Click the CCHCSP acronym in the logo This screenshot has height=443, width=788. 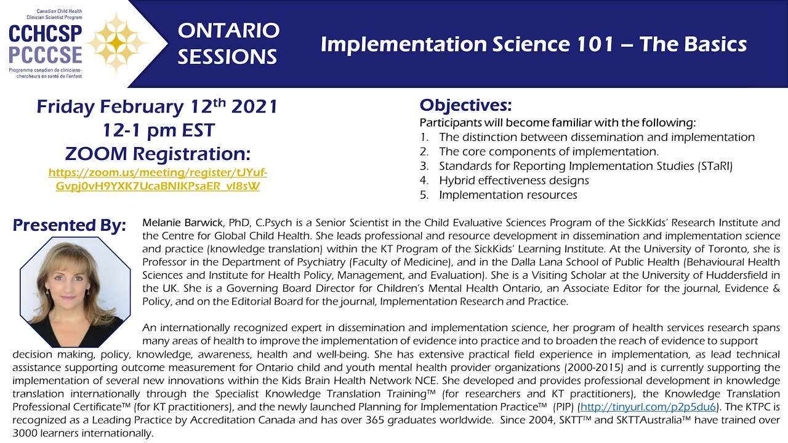(x=45, y=33)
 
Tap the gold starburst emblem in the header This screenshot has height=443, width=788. (x=117, y=42)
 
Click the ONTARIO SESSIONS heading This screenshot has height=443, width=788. (x=228, y=43)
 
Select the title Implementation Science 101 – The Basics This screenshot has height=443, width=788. (x=533, y=44)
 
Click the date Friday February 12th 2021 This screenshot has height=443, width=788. (x=158, y=106)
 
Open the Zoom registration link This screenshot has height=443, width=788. (x=158, y=179)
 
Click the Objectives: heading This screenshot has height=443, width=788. (x=465, y=105)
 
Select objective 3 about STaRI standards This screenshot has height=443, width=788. (x=585, y=166)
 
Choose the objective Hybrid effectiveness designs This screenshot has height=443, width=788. (x=513, y=180)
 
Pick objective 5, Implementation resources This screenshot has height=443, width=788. (x=507, y=195)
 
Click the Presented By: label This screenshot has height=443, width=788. (x=69, y=225)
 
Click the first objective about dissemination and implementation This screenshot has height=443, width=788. (x=596, y=137)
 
